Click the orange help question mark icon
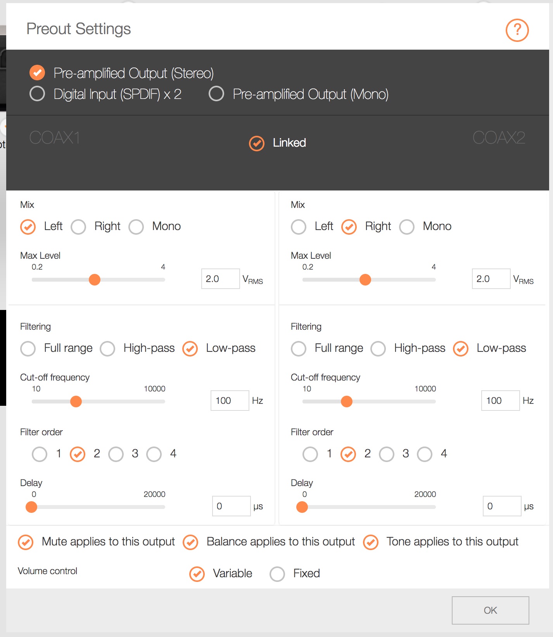click(517, 30)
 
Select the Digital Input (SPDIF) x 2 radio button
click(37, 93)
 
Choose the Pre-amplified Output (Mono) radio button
click(216, 93)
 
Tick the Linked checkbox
click(257, 143)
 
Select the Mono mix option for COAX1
click(136, 227)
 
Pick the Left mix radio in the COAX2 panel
click(299, 227)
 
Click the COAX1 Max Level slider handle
click(95, 279)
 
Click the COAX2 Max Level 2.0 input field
click(491, 279)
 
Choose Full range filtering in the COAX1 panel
click(28, 348)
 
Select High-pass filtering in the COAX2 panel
click(378, 348)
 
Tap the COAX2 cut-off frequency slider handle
click(347, 401)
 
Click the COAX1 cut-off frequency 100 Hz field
click(230, 400)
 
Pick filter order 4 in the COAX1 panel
click(154, 454)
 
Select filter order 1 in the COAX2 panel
click(310, 454)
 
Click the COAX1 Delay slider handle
click(31, 507)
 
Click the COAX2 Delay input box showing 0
click(502, 506)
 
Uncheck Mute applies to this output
click(26, 542)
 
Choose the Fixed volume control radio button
click(277, 574)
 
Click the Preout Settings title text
click(79, 29)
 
